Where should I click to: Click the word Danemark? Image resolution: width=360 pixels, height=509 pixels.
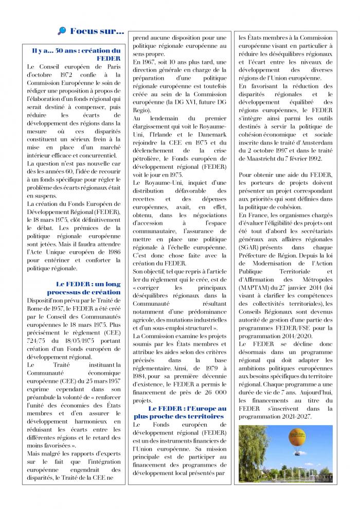[x=211, y=135]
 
